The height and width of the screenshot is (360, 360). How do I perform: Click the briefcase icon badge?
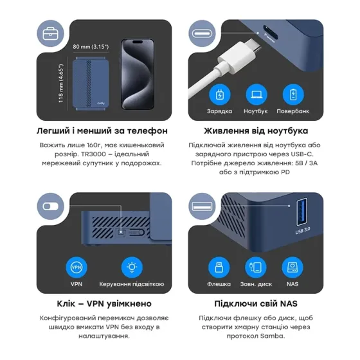tap(52, 34)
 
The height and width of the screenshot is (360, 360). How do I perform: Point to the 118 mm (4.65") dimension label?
tap(61, 82)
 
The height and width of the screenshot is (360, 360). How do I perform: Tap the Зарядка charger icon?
tap(220, 94)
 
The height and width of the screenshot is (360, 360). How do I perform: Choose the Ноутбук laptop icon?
tap(255, 94)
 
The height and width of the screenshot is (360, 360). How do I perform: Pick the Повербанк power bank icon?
tap(293, 94)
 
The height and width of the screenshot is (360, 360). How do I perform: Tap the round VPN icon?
tap(76, 267)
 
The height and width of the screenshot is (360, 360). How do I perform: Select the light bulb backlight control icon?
tap(131, 267)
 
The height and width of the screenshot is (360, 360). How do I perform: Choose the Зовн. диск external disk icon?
tap(255, 267)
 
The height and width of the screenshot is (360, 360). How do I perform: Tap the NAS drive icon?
tap(293, 267)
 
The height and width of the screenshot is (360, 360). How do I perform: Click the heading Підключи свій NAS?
tap(256, 304)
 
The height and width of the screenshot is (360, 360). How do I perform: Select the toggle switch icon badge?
tap(52, 207)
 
